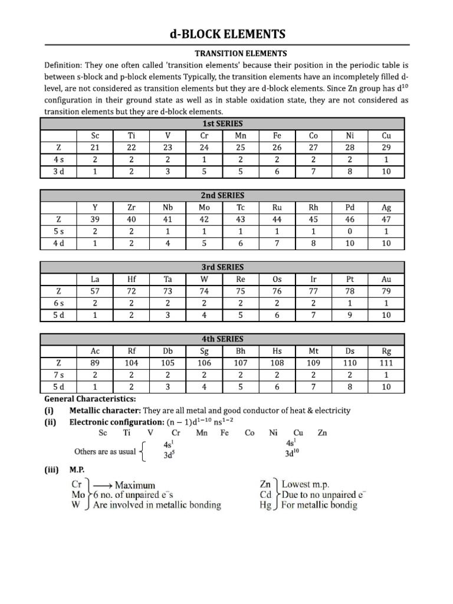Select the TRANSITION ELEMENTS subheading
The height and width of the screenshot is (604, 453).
click(226, 53)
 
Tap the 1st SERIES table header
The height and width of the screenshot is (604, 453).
click(222, 123)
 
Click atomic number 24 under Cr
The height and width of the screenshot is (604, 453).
click(204, 147)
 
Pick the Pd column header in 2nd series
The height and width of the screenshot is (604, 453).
click(350, 208)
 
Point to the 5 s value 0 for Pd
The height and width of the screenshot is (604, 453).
click(350, 231)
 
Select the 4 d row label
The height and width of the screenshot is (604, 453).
click(58, 243)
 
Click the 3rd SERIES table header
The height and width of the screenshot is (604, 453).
click(222, 267)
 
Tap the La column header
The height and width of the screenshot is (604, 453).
click(95, 280)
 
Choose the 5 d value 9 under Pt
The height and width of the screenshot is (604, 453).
click(350, 315)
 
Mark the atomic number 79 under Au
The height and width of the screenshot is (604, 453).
click(386, 291)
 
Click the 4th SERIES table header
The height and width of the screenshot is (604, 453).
click(222, 339)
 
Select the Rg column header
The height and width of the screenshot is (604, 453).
click(386, 352)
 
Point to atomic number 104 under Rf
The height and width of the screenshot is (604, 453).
click(132, 363)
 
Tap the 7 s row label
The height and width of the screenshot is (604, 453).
click(58, 375)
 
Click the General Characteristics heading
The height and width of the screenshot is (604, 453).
click(90, 399)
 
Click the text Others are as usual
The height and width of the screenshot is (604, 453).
click(105, 452)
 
